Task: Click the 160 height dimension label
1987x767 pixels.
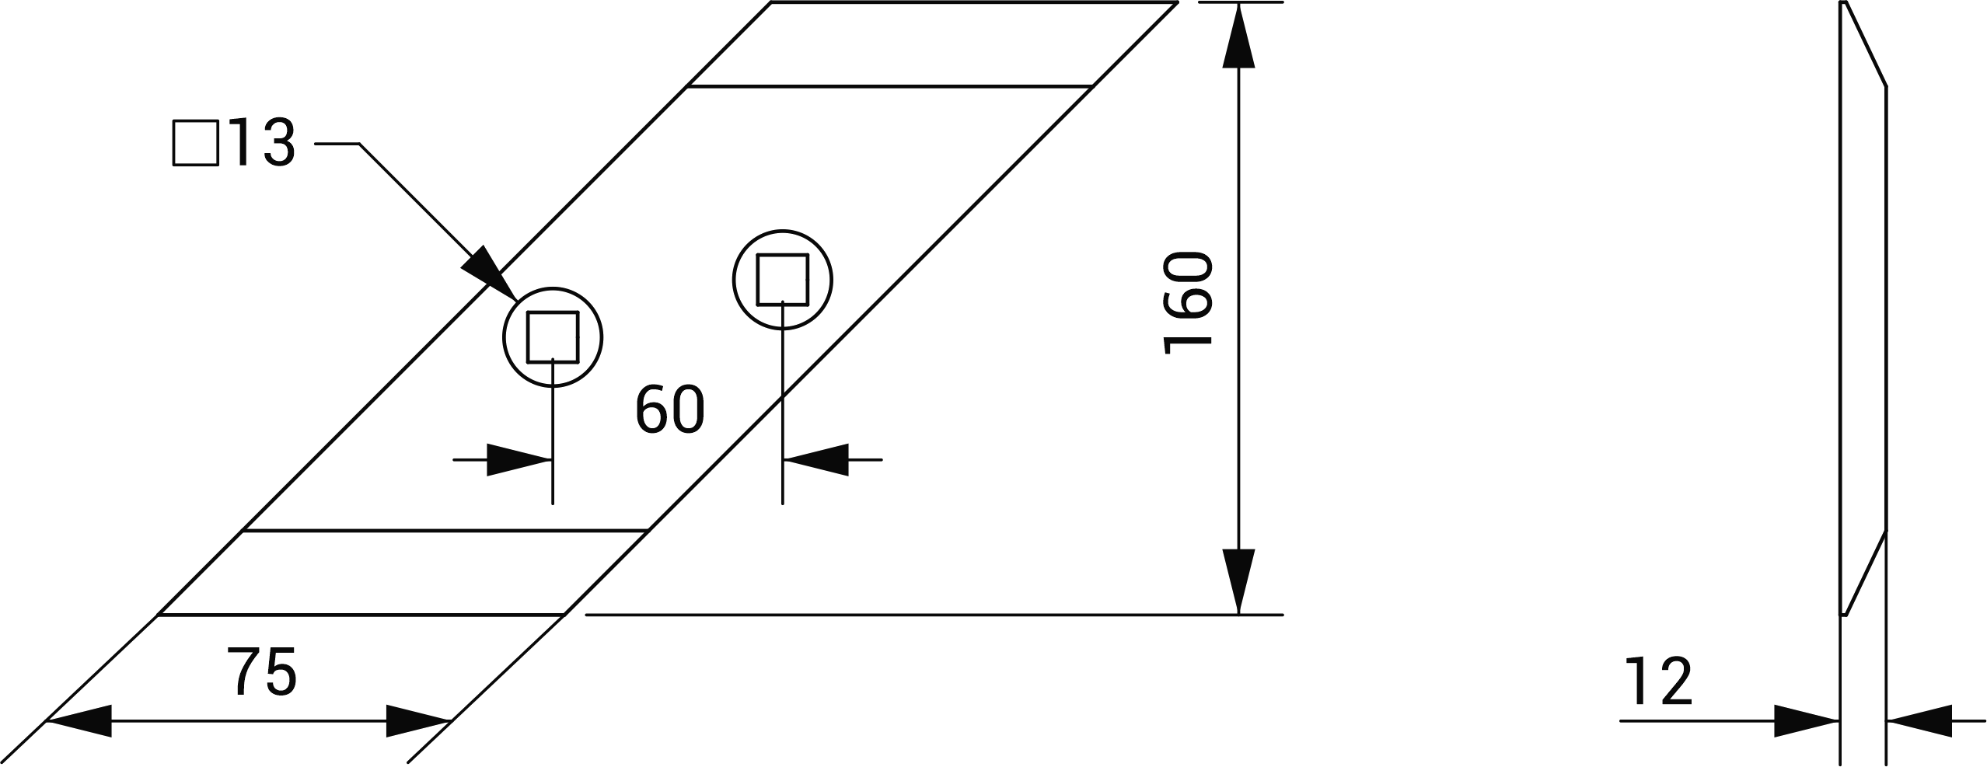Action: (1188, 303)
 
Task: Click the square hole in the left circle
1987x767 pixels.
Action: (553, 336)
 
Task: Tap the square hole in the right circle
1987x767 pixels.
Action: (783, 279)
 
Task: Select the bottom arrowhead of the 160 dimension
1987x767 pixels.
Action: (1238, 580)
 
